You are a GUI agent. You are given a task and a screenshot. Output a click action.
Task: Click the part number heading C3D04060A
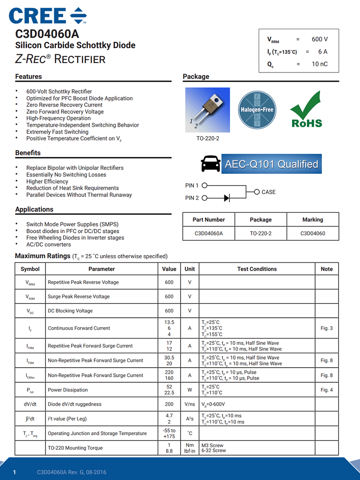pyautogui.click(x=48, y=34)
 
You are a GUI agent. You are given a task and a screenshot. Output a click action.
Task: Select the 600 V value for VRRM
pyautogui.click(x=320, y=39)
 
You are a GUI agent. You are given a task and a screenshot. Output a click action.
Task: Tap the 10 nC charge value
pyautogui.click(x=320, y=64)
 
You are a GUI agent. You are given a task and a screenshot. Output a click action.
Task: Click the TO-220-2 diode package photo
pyautogui.click(x=208, y=110)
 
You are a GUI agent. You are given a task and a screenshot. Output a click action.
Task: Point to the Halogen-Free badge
pyautogui.click(x=257, y=110)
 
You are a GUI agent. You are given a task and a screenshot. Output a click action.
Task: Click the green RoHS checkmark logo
pyautogui.click(x=306, y=110)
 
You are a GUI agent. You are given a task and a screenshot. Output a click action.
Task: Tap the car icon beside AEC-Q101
pyautogui.click(x=210, y=164)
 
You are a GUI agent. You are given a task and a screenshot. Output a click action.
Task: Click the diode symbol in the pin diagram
pyautogui.click(x=227, y=198)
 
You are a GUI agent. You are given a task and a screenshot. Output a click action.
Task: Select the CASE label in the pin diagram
pyautogui.click(x=268, y=192)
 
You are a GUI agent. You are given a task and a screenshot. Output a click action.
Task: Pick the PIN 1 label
pyautogui.click(x=192, y=185)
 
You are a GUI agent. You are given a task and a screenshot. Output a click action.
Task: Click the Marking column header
pyautogui.click(x=312, y=220)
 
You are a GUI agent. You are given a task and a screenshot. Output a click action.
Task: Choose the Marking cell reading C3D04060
pyautogui.click(x=312, y=233)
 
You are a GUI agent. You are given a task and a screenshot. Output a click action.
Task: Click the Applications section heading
pyautogui.click(x=34, y=209)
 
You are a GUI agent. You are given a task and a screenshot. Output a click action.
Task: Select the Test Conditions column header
pyautogui.click(x=257, y=269)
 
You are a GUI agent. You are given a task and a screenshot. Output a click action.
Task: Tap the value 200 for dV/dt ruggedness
pyautogui.click(x=169, y=404)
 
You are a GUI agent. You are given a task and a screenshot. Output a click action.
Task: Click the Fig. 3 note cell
pyautogui.click(x=327, y=328)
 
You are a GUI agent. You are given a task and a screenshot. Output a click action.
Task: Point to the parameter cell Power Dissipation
pyautogui.click(x=68, y=390)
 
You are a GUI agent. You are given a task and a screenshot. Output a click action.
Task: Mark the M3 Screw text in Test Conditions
pyautogui.click(x=212, y=445)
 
